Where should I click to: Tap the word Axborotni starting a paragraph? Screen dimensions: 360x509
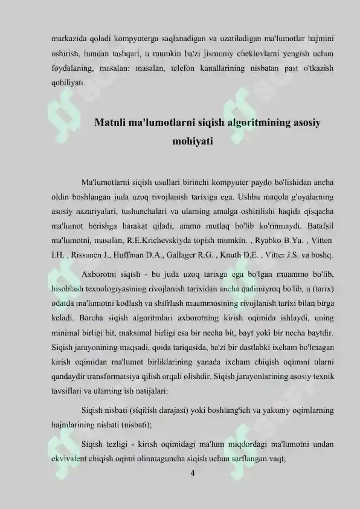click(101, 271)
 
